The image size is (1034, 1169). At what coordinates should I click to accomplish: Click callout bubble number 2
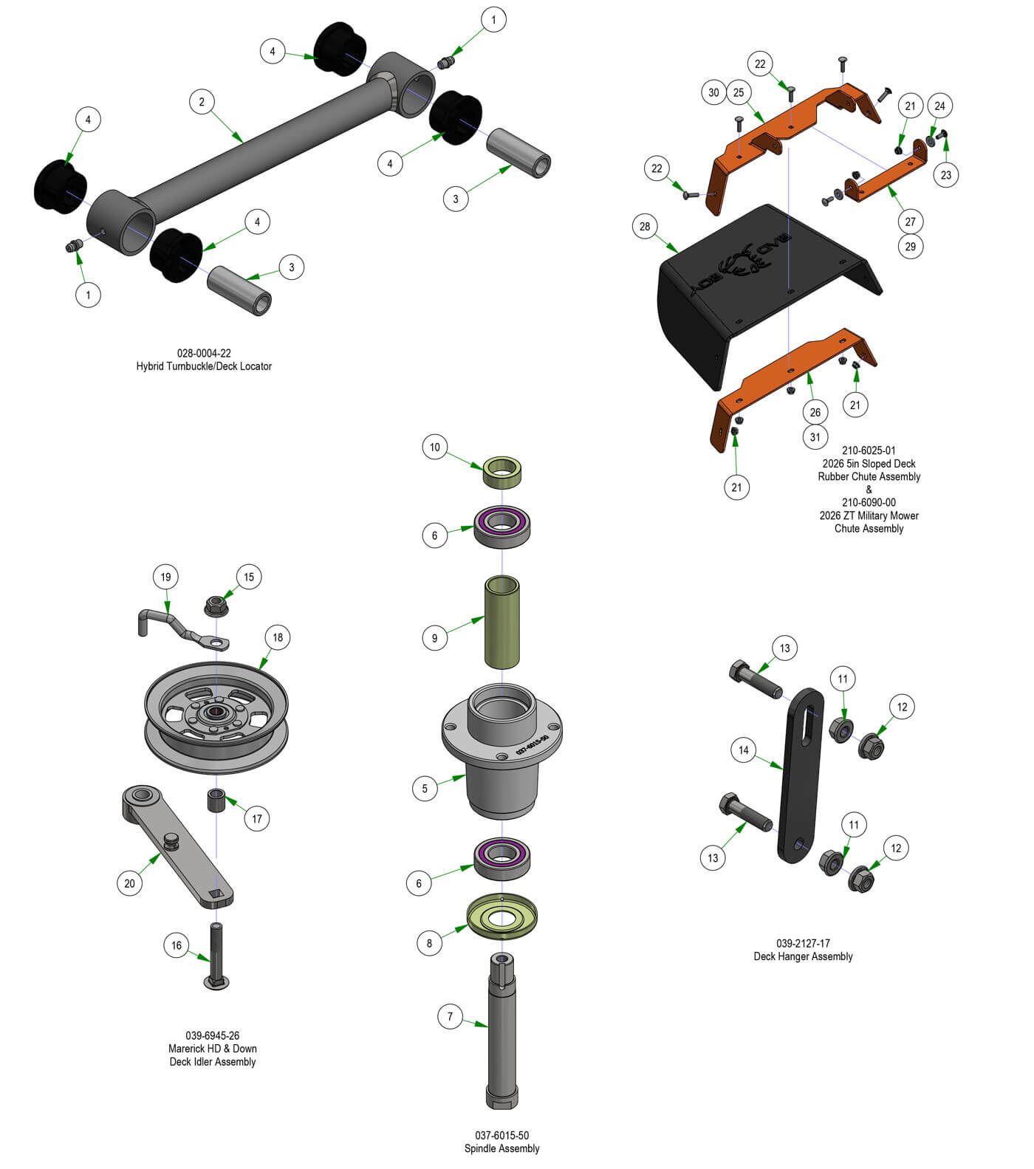click(x=202, y=102)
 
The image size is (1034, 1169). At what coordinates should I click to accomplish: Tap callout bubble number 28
click(x=645, y=226)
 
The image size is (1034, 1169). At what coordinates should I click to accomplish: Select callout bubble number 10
click(x=434, y=447)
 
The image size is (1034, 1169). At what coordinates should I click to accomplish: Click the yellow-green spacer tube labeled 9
click(x=501, y=622)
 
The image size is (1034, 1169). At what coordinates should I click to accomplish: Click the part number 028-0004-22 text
click(x=204, y=353)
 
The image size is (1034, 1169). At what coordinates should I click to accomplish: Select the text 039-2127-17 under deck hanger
click(x=803, y=943)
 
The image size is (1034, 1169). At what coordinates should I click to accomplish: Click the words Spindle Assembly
click(x=501, y=1148)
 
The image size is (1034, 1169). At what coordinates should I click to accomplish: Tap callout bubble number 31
click(x=815, y=436)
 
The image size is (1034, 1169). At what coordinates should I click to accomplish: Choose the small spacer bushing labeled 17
click(x=216, y=801)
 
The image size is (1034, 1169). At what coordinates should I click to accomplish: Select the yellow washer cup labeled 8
click(x=501, y=919)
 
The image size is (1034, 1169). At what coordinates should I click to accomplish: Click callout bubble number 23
click(x=946, y=174)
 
